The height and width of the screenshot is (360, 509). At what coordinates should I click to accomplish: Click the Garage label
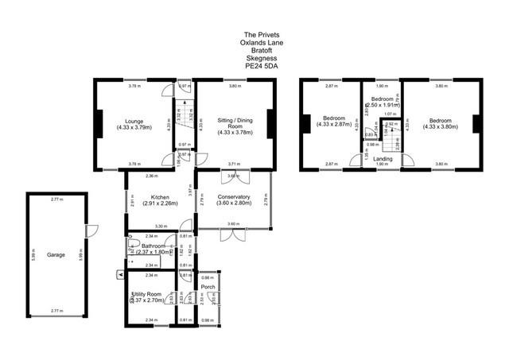click(x=55, y=255)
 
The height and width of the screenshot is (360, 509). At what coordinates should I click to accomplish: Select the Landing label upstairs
click(x=383, y=158)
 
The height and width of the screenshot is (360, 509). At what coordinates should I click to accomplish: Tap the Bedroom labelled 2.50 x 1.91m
click(x=382, y=101)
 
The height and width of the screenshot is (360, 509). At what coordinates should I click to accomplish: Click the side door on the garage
click(x=89, y=231)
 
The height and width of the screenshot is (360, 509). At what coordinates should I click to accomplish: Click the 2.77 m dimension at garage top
click(x=55, y=198)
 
